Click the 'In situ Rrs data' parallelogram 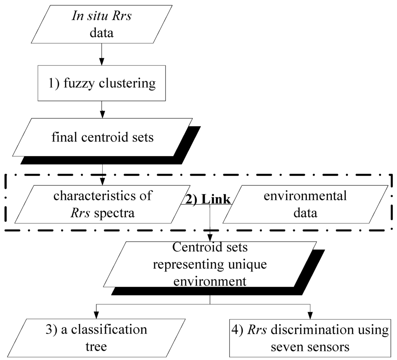[102, 24]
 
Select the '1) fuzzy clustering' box [102, 83]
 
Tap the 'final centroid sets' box [102, 138]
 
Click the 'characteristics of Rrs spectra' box [102, 204]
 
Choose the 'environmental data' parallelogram [305, 204]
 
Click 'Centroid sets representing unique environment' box [209, 264]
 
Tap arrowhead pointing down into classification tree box [96, 315]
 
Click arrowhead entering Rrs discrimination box [310, 315]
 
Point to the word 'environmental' [305, 196]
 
